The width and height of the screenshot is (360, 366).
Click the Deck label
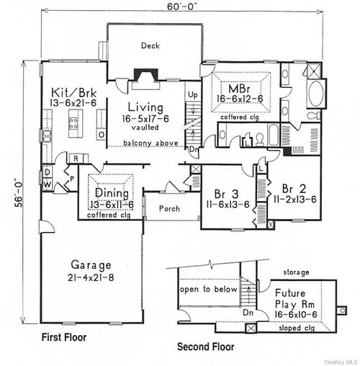click(x=150, y=45)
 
